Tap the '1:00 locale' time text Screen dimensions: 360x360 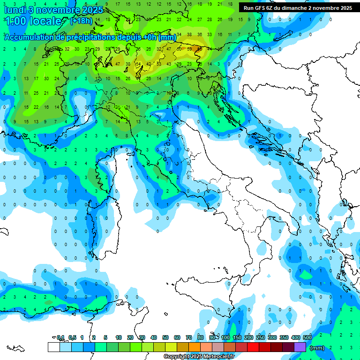pos(33,21)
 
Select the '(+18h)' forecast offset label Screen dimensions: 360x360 pos(81,21)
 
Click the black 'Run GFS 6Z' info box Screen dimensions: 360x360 pos(298,8)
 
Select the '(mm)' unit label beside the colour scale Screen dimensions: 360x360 pos(317,347)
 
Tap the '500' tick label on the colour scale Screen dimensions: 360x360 pos(307,337)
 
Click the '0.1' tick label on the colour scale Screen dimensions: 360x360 pos(60,337)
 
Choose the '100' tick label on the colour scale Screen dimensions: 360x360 pos(225,337)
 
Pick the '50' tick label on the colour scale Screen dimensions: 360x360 pos(165,337)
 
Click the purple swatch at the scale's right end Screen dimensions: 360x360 pos(300,347)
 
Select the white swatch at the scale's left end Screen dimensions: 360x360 pos(53,347)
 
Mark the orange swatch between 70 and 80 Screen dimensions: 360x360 pos(195,347)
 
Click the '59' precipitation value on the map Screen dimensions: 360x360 pos(188,49)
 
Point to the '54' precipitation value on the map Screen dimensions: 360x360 pos(138,64)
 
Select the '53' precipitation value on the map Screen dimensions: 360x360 pos(158,64)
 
